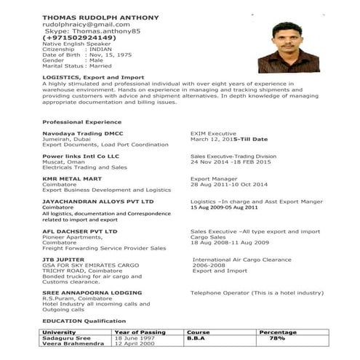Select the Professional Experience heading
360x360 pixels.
82,121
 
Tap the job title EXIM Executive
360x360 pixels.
213,134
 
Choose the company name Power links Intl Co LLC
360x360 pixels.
80,156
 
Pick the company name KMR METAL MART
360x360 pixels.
71,177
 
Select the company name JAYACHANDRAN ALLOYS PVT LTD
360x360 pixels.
98,200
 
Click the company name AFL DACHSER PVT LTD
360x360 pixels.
80,231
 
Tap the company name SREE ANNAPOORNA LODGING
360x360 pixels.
89,292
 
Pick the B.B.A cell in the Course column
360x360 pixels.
197,337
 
